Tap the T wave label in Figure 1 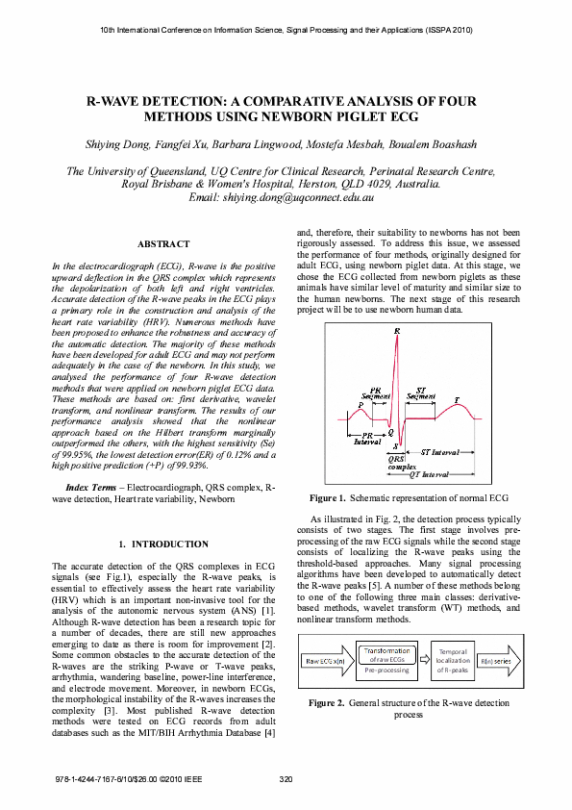pyautogui.click(x=456, y=398)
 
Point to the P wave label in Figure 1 pyautogui.click(x=334, y=406)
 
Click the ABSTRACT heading pyautogui.click(x=163, y=244)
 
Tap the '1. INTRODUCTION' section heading pyautogui.click(x=162, y=544)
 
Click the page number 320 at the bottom pyautogui.click(x=286, y=778)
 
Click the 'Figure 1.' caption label pyautogui.click(x=327, y=498)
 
